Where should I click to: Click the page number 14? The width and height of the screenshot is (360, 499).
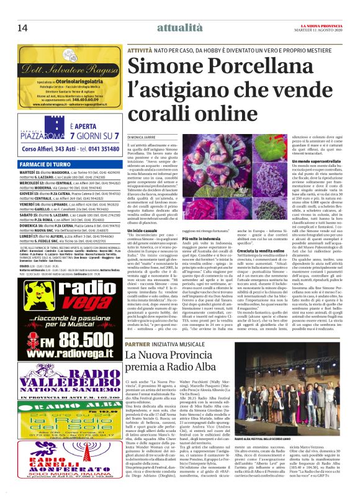click(23, 27)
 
